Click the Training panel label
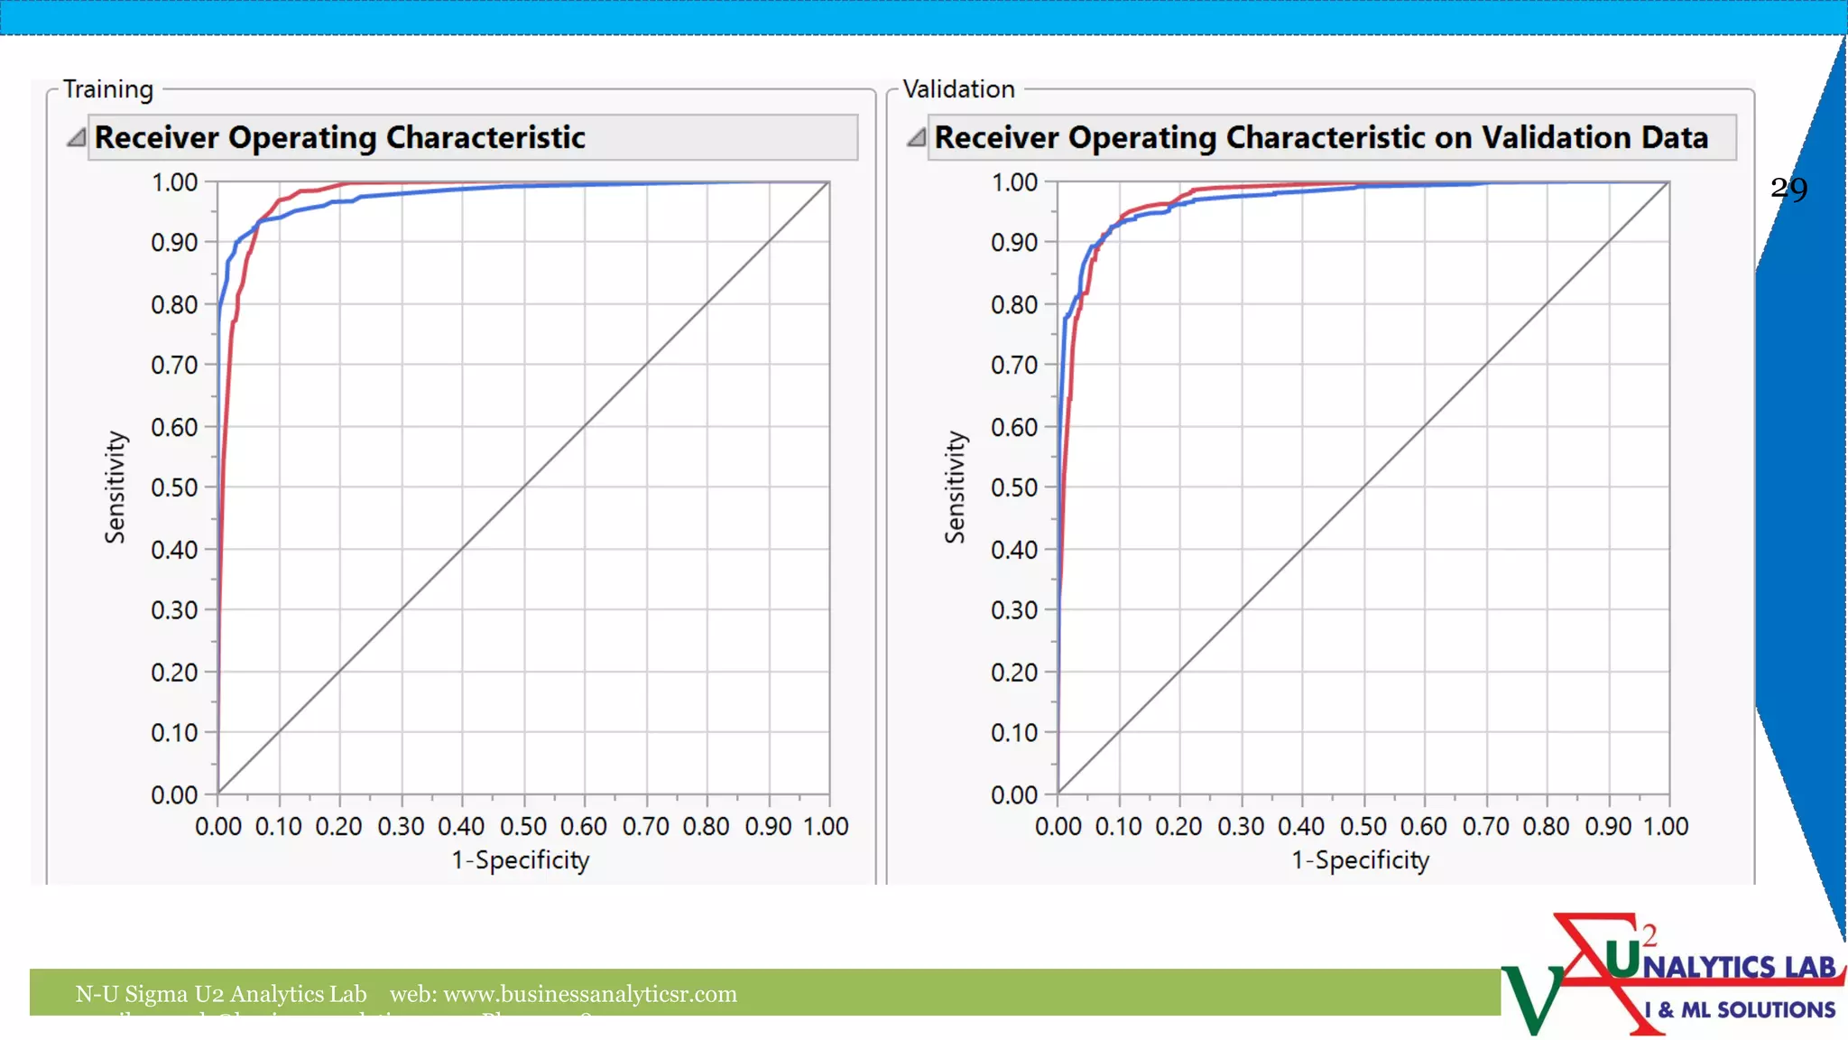tap(108, 89)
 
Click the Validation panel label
tap(958, 89)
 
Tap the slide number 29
tap(1788, 189)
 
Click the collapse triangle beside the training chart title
tap(77, 137)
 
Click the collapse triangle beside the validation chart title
tap(917, 137)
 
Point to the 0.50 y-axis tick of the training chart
tap(174, 487)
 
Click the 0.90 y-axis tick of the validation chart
tap(1014, 243)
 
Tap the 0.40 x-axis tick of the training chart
tap(461, 826)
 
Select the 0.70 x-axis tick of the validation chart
tap(1485, 826)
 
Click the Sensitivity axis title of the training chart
tap(115, 487)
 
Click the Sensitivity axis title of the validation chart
tap(955, 487)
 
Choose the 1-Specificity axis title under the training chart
tap(521, 860)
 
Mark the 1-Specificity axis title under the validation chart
tap(1361, 860)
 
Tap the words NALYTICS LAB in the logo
tap(1739, 967)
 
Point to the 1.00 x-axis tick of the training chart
tap(827, 826)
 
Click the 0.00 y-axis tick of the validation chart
tap(1014, 794)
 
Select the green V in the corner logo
tap(1531, 998)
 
